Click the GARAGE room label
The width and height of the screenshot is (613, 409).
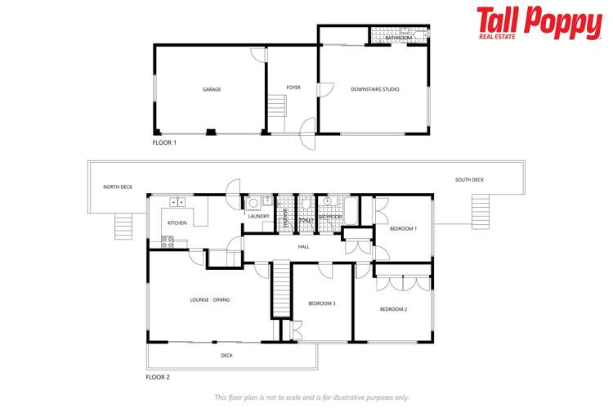212,89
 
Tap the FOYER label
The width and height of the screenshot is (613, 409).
293,88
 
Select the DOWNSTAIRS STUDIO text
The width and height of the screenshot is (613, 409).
374,88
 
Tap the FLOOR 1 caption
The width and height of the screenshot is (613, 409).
164,142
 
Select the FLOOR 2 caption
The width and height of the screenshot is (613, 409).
158,377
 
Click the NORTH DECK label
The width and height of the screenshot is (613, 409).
118,187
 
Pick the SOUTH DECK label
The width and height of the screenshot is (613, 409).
469,179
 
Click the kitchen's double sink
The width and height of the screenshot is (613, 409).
177,201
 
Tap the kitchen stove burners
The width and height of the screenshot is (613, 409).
168,240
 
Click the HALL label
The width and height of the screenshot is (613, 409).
303,245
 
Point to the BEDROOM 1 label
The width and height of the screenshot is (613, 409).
403,228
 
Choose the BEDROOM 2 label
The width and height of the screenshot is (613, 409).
393,308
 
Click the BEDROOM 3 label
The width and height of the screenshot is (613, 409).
321,303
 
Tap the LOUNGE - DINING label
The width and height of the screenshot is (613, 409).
209,299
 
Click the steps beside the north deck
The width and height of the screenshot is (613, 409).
123,226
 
